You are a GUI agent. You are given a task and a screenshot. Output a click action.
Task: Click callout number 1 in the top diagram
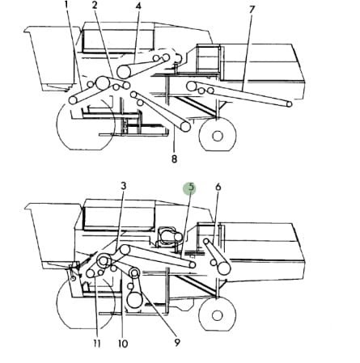coord(66,6)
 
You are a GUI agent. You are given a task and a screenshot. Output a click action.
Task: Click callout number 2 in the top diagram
coord(95,6)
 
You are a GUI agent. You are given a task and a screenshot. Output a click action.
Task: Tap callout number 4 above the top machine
coord(138,6)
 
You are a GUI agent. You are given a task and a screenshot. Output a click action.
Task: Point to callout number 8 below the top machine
coord(174,158)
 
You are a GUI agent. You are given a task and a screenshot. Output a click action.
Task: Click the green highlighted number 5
coord(191,188)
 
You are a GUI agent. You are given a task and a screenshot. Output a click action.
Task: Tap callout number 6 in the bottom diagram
coord(218,188)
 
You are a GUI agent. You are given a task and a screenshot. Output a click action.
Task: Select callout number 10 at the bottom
coord(122,344)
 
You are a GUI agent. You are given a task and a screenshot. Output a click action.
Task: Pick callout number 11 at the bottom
coord(95,344)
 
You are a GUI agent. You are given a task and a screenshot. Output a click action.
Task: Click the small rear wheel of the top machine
coord(217,135)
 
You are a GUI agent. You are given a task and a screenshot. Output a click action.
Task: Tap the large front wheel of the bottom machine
coord(81,306)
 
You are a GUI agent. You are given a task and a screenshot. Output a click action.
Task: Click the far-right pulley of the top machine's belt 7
coord(288,104)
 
